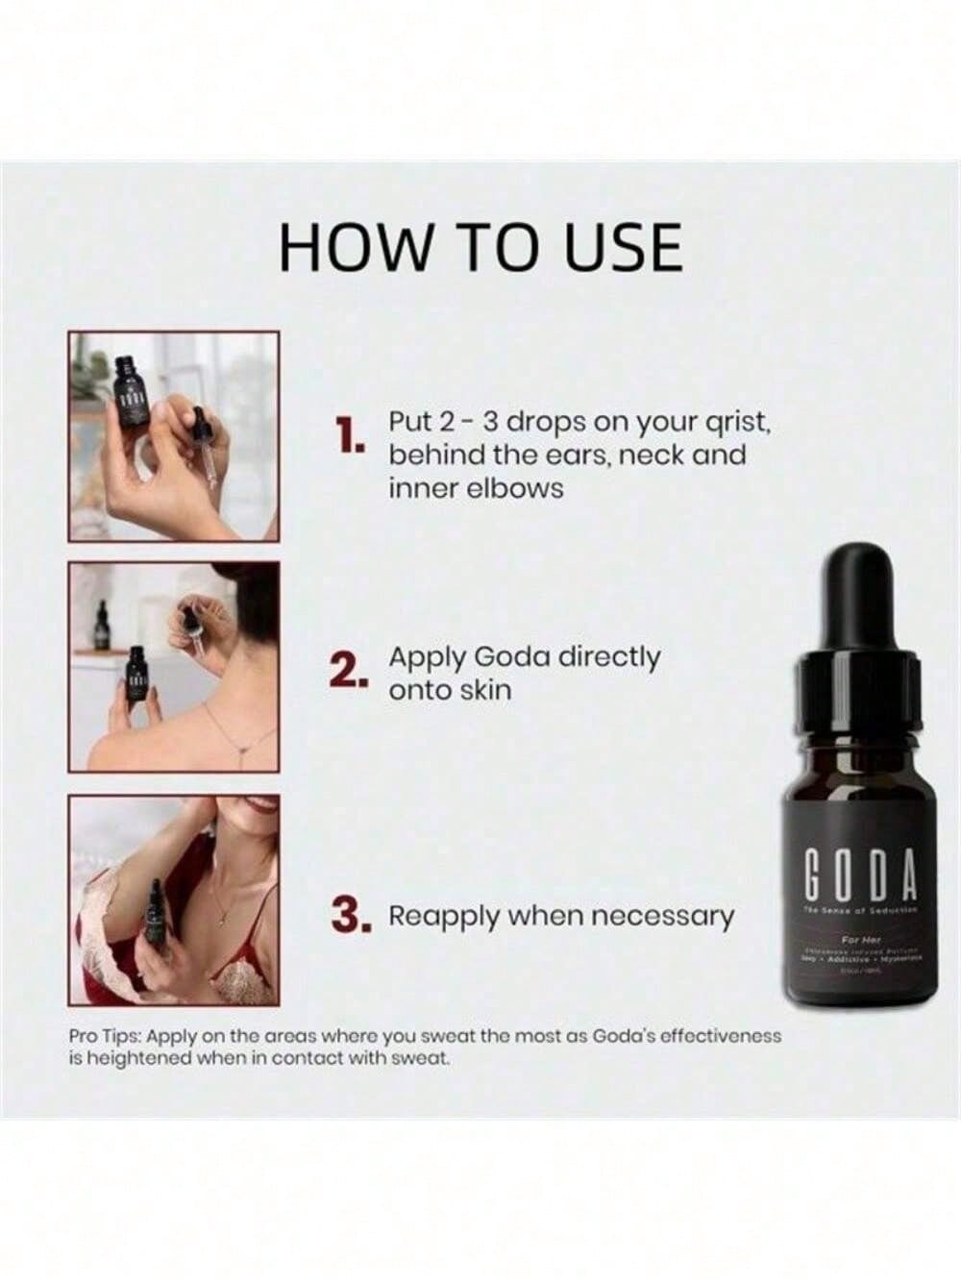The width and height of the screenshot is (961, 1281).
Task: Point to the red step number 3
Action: coord(351,917)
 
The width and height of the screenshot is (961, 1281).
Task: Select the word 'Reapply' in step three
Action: coord(443,916)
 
